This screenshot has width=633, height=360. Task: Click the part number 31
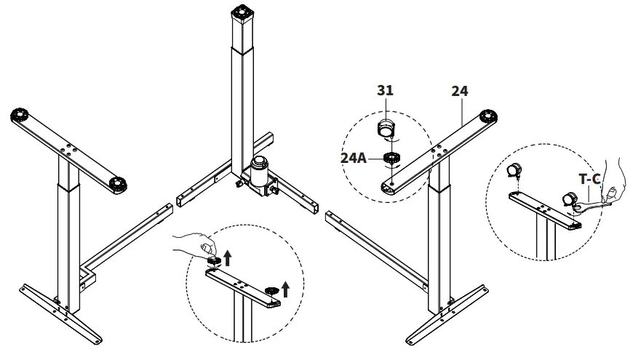click(385, 91)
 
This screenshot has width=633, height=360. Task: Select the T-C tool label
click(589, 178)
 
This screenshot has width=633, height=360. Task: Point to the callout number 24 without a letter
click(459, 91)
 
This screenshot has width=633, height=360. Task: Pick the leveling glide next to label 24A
click(390, 158)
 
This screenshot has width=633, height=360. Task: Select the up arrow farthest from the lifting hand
click(285, 289)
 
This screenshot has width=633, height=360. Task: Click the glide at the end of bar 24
click(488, 116)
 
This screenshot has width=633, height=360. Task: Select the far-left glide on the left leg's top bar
click(20, 116)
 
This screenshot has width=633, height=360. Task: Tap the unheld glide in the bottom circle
click(272, 292)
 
